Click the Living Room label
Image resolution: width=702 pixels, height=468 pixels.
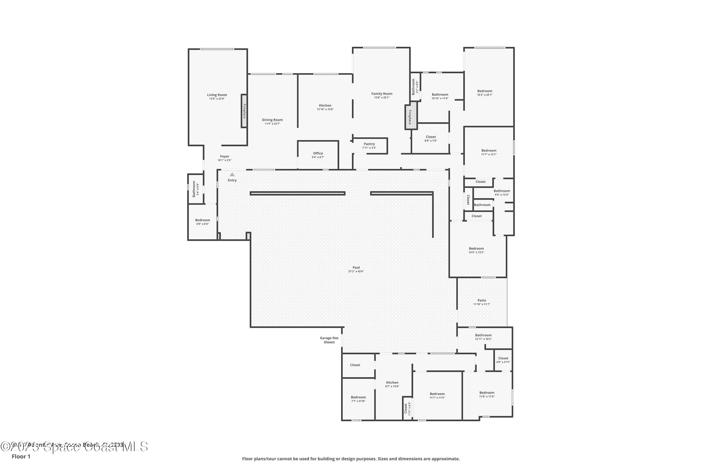(x=217, y=95)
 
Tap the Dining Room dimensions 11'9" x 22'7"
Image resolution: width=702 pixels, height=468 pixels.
(x=272, y=124)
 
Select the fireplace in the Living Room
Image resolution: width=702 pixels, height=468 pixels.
(x=244, y=111)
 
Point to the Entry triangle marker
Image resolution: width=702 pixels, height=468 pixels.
(x=232, y=175)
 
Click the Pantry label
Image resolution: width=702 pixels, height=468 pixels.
(x=369, y=144)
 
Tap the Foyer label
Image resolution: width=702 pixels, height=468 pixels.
(x=224, y=156)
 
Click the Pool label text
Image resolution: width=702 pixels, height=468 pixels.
(x=356, y=268)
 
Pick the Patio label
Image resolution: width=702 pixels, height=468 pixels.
(x=481, y=300)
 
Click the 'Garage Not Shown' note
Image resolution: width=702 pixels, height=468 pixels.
(x=329, y=340)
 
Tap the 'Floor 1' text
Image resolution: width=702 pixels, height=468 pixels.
(x=21, y=456)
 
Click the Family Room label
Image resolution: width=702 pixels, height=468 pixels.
(x=382, y=94)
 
